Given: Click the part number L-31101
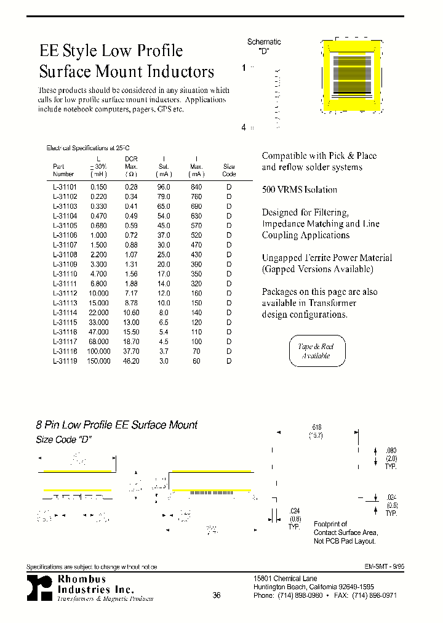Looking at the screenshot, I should (x=63, y=187).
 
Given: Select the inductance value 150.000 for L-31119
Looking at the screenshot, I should (x=98, y=361).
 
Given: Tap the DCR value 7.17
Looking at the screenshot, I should (x=130, y=293).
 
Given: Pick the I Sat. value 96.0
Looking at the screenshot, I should (x=164, y=187).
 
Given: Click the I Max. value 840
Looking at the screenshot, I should (x=196, y=187).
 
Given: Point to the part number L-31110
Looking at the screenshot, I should (x=63, y=274).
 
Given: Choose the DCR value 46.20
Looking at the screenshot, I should (x=130, y=361).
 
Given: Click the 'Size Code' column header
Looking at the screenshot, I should (x=229, y=170).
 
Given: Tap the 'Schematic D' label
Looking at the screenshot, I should (x=264, y=46).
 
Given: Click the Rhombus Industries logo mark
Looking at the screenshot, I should (x=39, y=589).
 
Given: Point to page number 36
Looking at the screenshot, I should (x=217, y=595).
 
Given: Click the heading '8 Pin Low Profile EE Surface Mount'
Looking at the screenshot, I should (x=116, y=425).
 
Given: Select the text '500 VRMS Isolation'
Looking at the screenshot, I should (x=300, y=190).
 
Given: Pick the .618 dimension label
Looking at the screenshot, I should (x=317, y=427).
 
